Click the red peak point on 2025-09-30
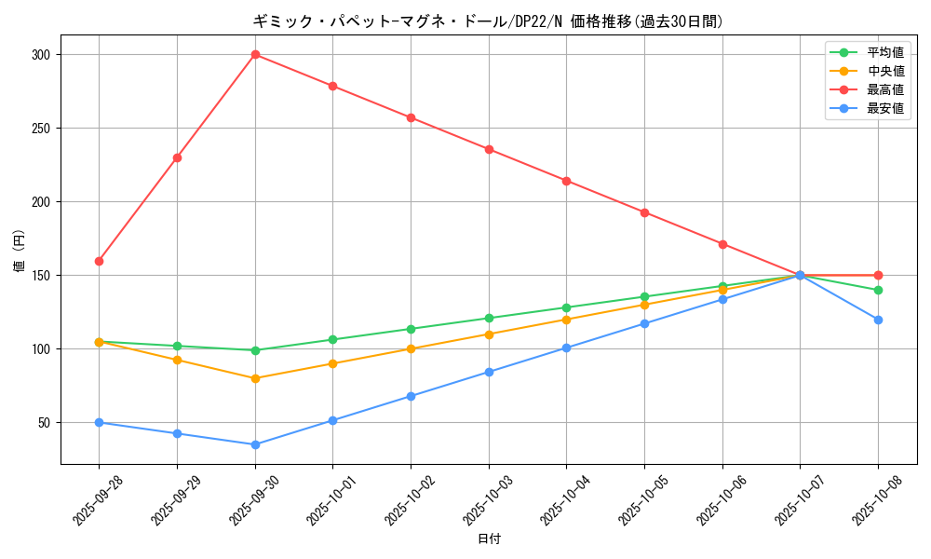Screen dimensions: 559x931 255,55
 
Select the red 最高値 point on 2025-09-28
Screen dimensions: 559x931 99,261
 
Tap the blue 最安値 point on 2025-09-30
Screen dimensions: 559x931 255,444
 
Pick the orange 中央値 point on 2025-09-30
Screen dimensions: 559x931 255,378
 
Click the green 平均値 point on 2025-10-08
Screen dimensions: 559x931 878,290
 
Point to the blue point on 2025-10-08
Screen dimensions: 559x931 878,320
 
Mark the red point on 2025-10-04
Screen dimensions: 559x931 566,181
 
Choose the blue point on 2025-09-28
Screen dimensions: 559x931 99,422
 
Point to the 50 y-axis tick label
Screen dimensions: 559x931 43,423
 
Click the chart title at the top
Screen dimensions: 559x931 488,21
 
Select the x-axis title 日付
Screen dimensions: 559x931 489,539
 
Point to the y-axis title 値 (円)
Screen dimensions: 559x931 19,252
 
